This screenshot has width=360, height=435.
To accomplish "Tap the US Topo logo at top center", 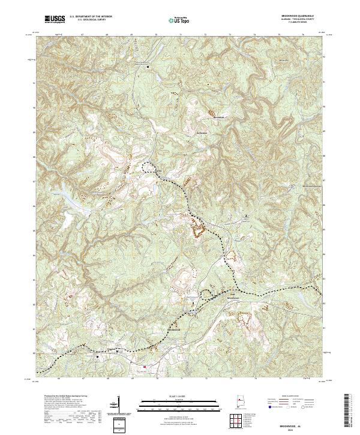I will (x=181, y=20).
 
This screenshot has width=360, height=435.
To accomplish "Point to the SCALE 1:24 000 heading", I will (x=181, y=395).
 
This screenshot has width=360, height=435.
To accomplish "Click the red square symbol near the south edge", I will (x=144, y=367).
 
